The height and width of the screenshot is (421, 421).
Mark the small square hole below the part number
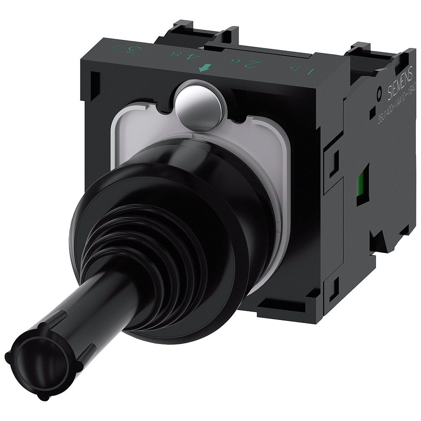click(373, 114)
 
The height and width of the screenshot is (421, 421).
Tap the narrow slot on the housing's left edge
click(95, 80)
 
